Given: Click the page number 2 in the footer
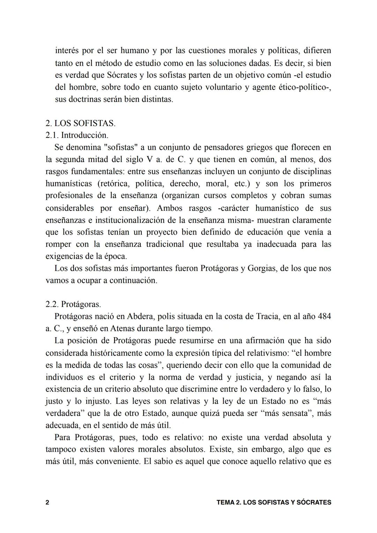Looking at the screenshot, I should tap(47, 503).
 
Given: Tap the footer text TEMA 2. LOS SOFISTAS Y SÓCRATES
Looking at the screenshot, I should tap(274, 503).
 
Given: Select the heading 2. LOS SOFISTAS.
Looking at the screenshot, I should tap(80, 123).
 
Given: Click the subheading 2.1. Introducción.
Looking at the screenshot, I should tap(77, 135).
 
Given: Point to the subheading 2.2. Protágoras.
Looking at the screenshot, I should tap(73, 304).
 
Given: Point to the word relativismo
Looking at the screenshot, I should tap(264, 353).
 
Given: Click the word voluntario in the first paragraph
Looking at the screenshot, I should tap(222, 87).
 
